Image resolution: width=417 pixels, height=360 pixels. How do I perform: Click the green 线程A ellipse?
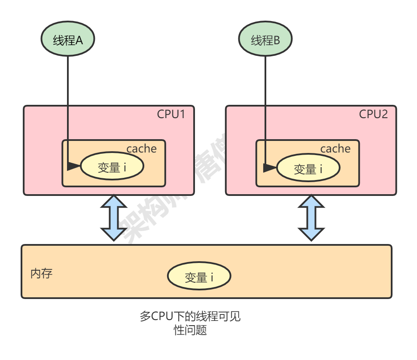67,40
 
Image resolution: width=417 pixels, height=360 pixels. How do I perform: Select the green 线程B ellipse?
265,40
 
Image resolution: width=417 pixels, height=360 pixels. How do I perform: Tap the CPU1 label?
171,114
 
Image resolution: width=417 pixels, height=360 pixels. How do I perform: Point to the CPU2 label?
373,114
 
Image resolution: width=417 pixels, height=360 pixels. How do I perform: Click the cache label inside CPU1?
141,149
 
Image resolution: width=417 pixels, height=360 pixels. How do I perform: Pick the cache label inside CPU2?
335,149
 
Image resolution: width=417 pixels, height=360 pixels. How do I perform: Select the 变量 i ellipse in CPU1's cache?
112,167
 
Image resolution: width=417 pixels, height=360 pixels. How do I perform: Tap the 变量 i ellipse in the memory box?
199,277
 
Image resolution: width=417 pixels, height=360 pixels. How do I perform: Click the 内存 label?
41,274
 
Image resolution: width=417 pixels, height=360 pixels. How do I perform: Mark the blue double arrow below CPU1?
113,219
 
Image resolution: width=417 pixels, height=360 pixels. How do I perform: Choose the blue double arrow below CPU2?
311,219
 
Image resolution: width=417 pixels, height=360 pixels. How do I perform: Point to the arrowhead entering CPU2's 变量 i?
270,168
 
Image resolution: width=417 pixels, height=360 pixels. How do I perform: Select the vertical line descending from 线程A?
68,107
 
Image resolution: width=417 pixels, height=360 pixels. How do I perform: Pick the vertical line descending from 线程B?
265,107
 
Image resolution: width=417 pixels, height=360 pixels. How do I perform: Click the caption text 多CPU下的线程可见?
190,317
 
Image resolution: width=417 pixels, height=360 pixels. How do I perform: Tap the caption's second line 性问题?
190,330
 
